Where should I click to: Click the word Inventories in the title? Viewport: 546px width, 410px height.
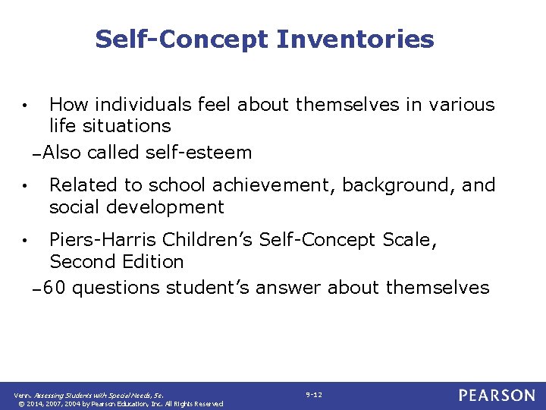point(355,39)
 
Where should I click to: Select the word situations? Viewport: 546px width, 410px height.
point(122,126)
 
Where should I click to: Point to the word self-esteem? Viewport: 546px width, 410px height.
point(198,153)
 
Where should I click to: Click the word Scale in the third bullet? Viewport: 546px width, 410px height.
point(410,240)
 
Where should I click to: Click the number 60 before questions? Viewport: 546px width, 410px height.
point(54,288)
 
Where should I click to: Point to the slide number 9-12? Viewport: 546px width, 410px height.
point(314,395)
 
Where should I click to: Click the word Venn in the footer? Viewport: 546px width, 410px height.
point(23,396)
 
